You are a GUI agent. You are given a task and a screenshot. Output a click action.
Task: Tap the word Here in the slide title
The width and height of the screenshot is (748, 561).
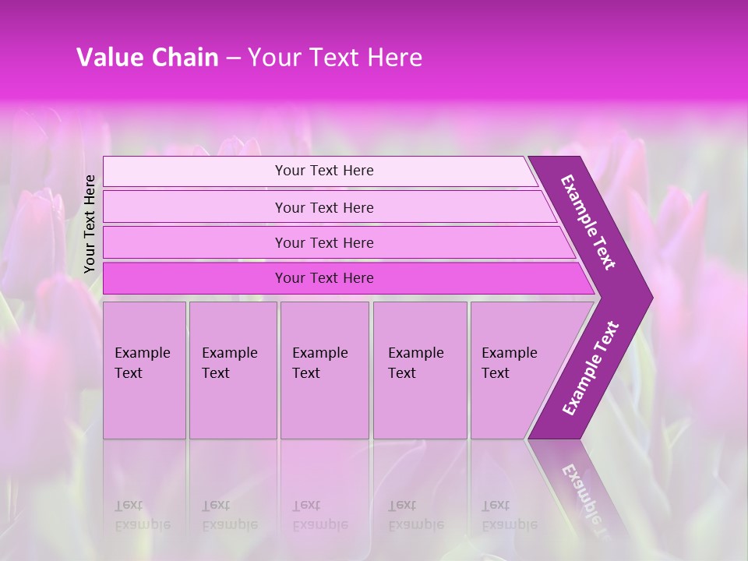click(x=393, y=58)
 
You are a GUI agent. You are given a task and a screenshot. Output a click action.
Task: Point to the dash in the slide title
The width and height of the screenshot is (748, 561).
click(x=232, y=58)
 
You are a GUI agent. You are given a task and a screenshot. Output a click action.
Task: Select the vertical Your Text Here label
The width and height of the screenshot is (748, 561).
click(x=90, y=224)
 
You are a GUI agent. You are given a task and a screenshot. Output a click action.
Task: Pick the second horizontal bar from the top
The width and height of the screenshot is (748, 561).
click(x=324, y=207)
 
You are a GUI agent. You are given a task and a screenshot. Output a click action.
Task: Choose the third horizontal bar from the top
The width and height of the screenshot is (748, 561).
click(x=324, y=242)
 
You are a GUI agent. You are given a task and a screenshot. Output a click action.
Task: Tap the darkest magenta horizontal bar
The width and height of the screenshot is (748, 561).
click(x=324, y=278)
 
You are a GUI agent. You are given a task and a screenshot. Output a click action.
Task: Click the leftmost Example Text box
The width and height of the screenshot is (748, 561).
click(x=144, y=370)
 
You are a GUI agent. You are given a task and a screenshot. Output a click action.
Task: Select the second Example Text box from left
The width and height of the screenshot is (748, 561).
click(x=232, y=370)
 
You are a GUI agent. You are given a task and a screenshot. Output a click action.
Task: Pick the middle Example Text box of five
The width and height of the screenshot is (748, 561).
click(x=324, y=370)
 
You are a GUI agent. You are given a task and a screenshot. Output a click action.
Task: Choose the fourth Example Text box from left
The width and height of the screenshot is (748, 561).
click(x=419, y=370)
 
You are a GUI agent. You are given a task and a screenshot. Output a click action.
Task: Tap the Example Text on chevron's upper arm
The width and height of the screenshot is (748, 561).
click(x=588, y=222)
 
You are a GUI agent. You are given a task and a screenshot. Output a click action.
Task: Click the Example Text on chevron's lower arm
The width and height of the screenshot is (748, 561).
click(x=591, y=368)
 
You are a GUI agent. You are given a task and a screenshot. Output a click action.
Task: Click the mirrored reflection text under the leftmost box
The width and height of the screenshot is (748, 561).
click(x=143, y=515)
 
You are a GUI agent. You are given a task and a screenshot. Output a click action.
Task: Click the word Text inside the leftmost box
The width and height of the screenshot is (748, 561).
click(x=129, y=373)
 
